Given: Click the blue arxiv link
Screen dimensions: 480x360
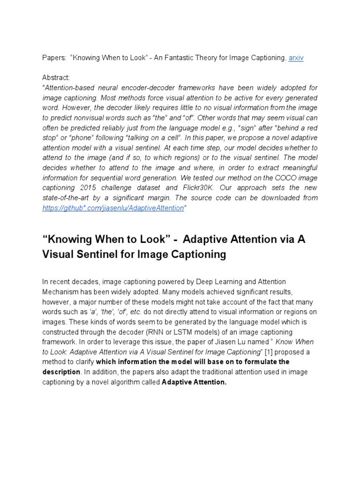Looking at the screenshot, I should coord(296,57).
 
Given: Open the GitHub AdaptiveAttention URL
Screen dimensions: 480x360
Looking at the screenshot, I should coord(112,208).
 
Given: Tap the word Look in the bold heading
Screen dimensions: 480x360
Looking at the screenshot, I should coord(151,240).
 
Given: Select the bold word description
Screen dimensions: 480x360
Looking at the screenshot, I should coord(61,372).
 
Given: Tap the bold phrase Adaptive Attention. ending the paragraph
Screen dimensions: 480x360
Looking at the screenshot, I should coord(194,382).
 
